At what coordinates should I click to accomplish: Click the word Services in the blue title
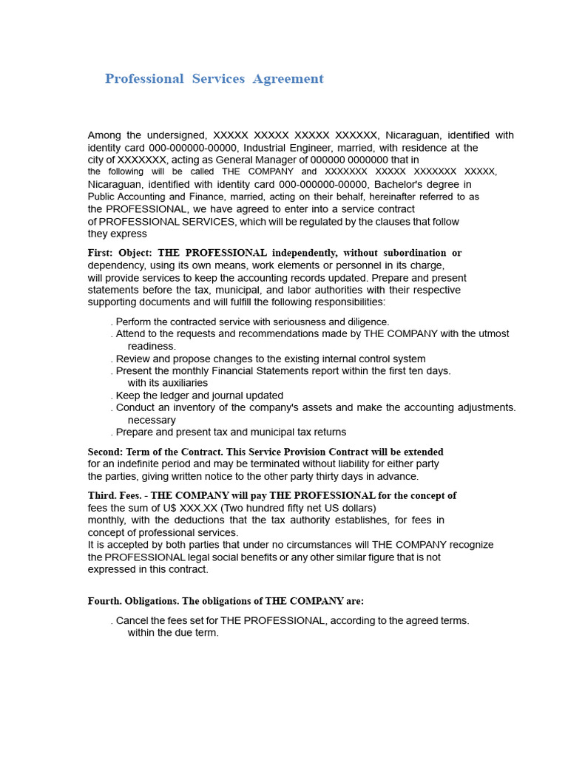(x=218, y=79)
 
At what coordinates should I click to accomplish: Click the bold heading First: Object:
(x=120, y=253)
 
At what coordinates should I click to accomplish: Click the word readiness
(x=152, y=346)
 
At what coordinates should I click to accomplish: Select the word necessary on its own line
(x=152, y=420)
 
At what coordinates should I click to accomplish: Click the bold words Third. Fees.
(x=114, y=495)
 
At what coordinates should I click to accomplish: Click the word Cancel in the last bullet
(x=132, y=620)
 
